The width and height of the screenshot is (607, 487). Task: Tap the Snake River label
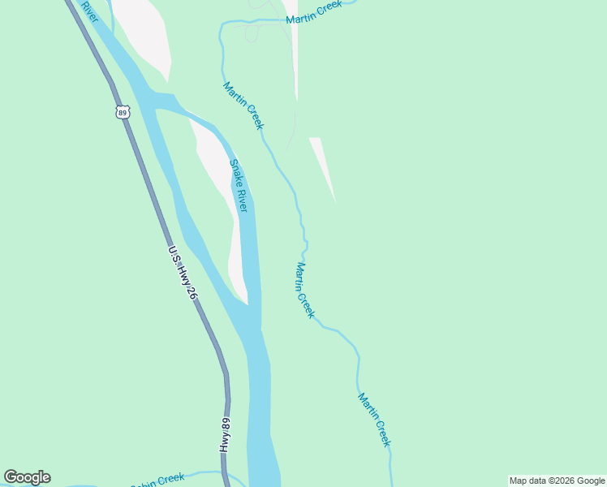pyautogui.click(x=238, y=186)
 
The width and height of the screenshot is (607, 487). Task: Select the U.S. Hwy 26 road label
pyautogui.click(x=182, y=273)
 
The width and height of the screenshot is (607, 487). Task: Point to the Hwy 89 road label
pyautogui.click(x=226, y=435)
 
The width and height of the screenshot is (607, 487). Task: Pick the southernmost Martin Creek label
pyautogui.click(x=374, y=420)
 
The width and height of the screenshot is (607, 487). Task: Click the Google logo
pyautogui.click(x=27, y=477)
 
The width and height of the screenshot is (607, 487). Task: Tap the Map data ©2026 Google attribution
pyautogui.click(x=557, y=481)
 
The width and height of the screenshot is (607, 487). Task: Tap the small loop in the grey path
pyautogui.click(x=252, y=35)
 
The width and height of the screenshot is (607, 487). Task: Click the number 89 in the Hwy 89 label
pyautogui.click(x=226, y=424)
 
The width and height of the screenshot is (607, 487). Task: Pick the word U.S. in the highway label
pyautogui.click(x=173, y=253)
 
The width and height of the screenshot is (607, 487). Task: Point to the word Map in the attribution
pyautogui.click(x=519, y=481)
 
